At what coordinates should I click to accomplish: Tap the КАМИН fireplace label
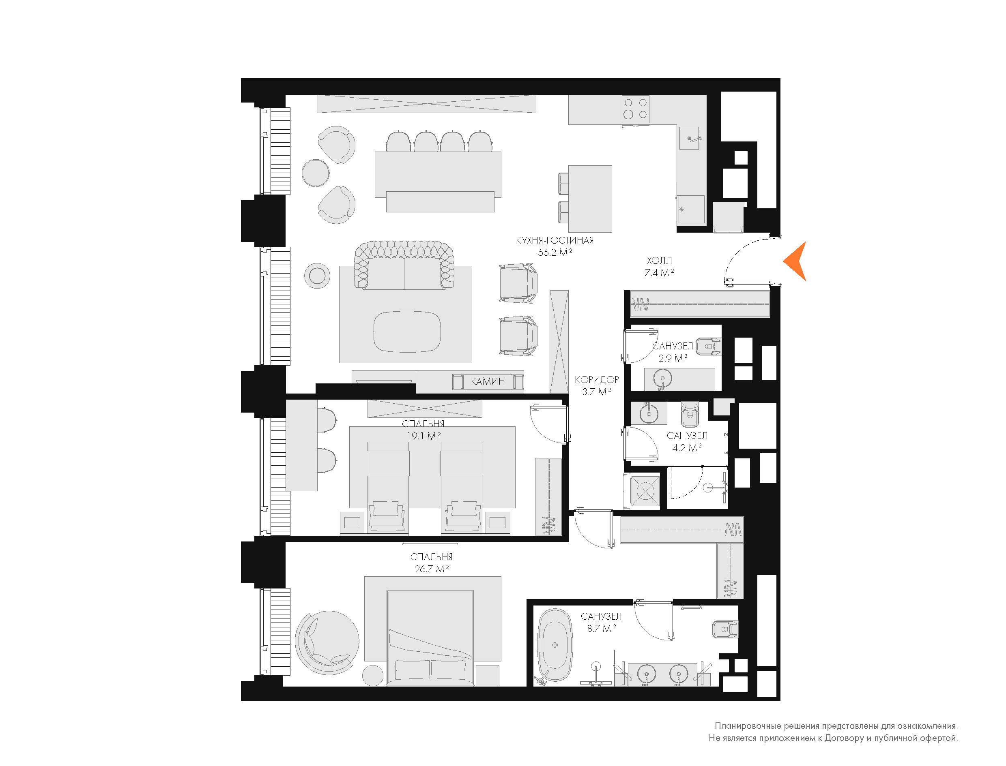488,381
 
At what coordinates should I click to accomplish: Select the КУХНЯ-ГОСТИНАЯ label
555,240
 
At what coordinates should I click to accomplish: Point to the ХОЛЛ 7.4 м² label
659,267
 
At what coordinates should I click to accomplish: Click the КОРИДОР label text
597,379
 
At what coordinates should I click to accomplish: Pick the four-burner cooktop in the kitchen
636,109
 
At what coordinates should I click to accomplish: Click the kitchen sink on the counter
689,138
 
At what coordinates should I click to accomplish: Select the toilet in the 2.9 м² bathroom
709,347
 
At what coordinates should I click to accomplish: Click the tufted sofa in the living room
404,265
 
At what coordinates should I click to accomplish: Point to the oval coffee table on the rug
407,332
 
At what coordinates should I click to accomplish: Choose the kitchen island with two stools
585,199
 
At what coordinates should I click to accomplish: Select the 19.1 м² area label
423,436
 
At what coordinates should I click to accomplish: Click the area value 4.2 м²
687,448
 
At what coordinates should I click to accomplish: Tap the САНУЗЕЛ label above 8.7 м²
601,616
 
